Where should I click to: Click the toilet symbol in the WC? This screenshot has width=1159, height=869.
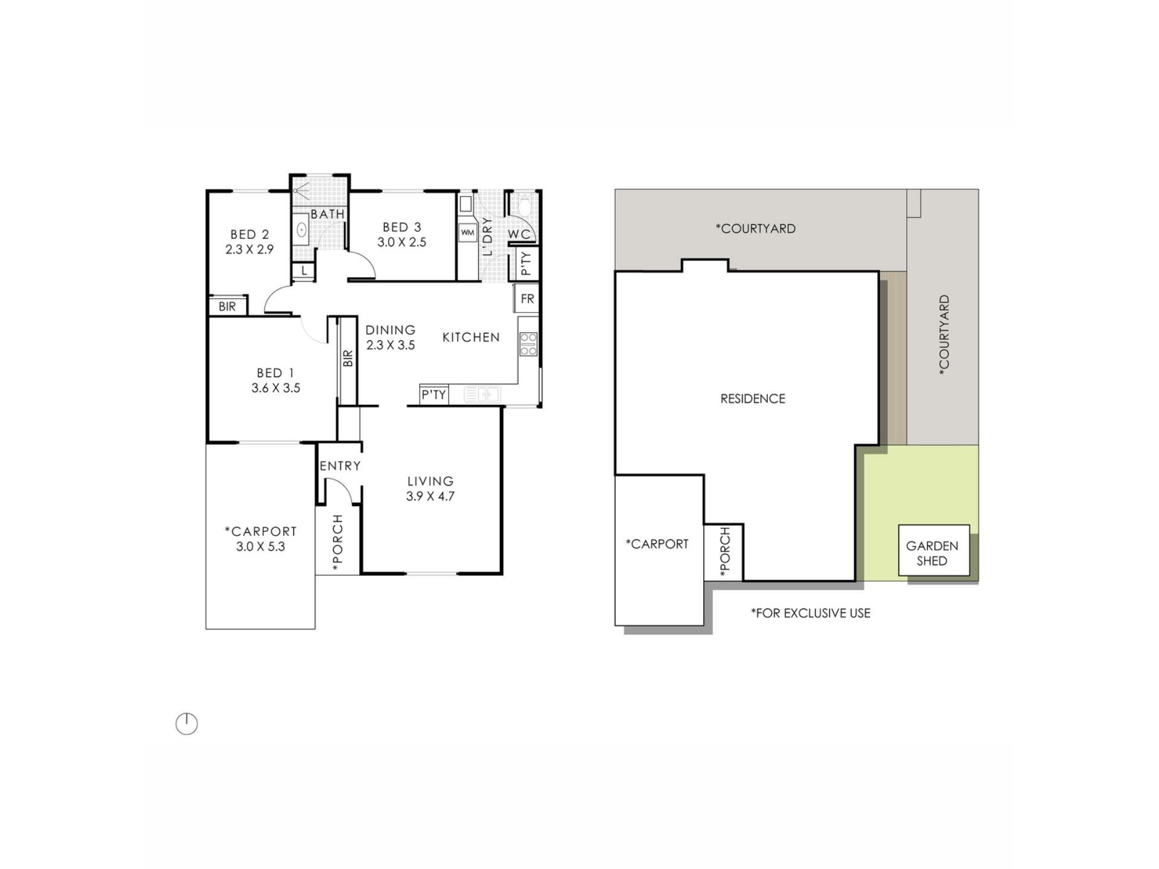point(525,205)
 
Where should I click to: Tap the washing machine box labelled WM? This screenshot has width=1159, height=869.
point(468,232)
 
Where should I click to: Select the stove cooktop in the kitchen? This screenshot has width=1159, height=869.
point(528,343)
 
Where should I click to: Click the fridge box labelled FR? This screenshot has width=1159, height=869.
point(527,299)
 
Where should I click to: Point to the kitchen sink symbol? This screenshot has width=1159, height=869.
point(482,395)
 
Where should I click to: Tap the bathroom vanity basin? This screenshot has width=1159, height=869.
point(301,229)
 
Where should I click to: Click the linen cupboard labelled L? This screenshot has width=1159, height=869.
point(304,271)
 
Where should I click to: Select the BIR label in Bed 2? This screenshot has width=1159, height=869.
point(228,307)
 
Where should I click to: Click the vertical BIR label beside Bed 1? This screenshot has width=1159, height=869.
point(348,359)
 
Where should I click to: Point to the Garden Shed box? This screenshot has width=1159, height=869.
point(934,550)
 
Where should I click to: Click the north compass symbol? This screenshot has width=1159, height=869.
point(187,724)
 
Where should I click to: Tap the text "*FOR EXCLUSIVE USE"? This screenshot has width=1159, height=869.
point(811,613)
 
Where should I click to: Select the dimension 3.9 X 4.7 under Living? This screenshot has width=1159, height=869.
point(430,497)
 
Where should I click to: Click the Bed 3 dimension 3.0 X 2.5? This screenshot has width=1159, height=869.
point(402,242)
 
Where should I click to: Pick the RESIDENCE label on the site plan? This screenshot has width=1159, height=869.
point(753,399)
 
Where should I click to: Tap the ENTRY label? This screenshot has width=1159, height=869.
point(340,466)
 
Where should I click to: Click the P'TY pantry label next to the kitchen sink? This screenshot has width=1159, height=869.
point(434,395)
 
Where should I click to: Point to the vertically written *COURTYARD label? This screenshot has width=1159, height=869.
point(945,336)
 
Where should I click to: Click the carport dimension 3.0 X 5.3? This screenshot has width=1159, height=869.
point(261,547)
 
